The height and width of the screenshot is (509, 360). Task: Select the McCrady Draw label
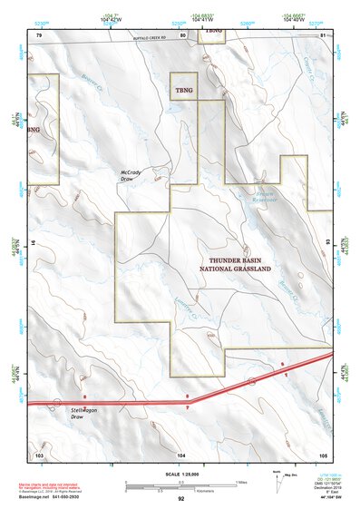tap(131, 175)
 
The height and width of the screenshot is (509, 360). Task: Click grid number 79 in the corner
tap(39, 34)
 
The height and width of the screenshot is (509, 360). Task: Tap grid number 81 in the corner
tap(323, 34)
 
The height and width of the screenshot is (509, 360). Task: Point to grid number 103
tap(39, 453)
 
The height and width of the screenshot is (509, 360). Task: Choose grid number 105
tap(322, 453)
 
